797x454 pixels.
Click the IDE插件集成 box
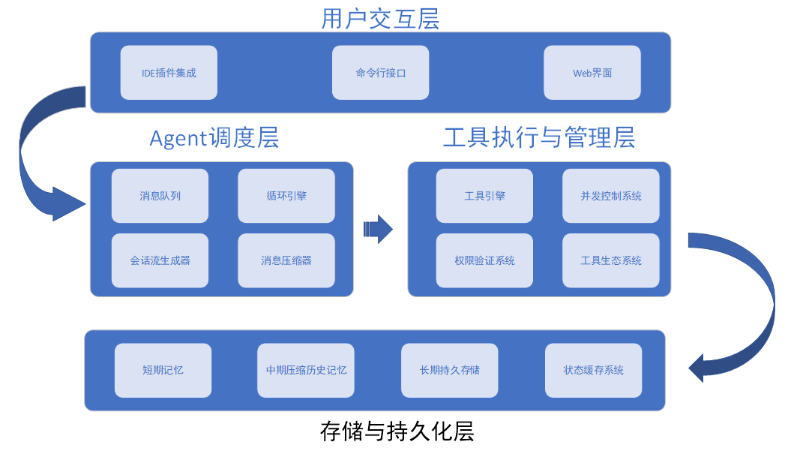point(169,73)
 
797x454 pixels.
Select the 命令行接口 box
point(380,73)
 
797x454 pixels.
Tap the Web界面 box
point(592,73)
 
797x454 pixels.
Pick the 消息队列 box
point(160,196)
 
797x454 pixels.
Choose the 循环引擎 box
point(286,196)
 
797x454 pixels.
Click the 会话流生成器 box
point(160,260)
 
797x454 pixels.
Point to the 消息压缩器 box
point(286,260)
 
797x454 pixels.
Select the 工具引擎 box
point(484,196)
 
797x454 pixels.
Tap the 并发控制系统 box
point(611,196)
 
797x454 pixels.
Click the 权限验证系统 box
point(484,260)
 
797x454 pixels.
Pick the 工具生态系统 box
point(611,260)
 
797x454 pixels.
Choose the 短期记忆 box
point(163,371)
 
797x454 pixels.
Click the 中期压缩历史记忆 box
point(306,371)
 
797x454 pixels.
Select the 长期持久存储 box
point(450,371)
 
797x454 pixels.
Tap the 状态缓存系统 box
point(594,371)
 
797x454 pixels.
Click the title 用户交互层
point(380,19)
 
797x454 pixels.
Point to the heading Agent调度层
point(214,138)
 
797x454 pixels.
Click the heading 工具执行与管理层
point(539,137)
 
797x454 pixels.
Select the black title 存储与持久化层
point(397,431)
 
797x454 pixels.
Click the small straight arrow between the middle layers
point(378,229)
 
